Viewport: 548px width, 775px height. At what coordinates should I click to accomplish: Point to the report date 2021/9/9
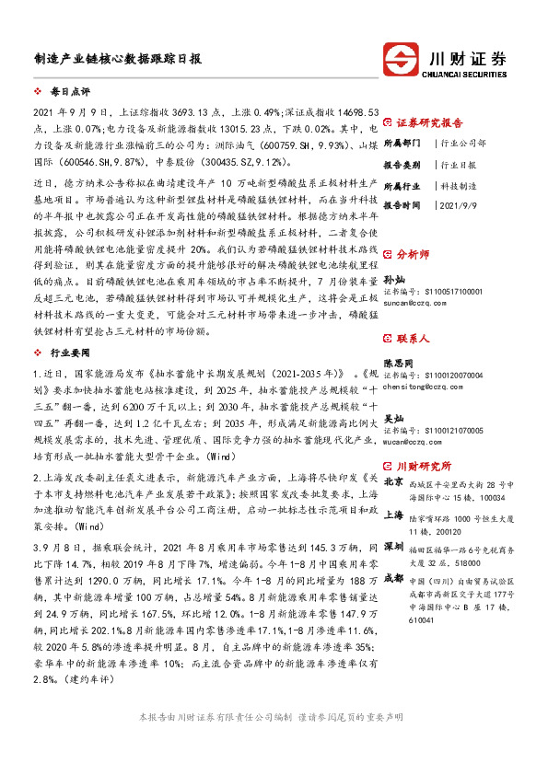point(461,205)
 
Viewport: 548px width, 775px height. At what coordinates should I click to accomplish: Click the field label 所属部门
point(402,144)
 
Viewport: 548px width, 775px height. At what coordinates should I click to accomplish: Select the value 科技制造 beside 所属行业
point(460,185)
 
